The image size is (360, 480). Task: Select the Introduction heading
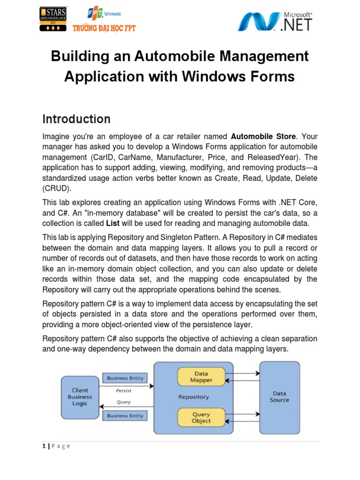coord(76,119)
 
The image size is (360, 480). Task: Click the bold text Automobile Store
coord(263,136)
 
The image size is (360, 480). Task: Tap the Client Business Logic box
coord(80,397)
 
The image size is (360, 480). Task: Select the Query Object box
coord(201,417)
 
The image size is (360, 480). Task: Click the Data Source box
coord(279,397)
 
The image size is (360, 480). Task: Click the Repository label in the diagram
coord(193,397)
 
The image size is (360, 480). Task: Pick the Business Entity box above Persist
coord(125,378)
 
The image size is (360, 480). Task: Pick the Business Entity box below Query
coord(125,415)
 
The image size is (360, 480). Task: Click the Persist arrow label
coord(123,390)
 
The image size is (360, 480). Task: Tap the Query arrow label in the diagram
coord(123,402)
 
